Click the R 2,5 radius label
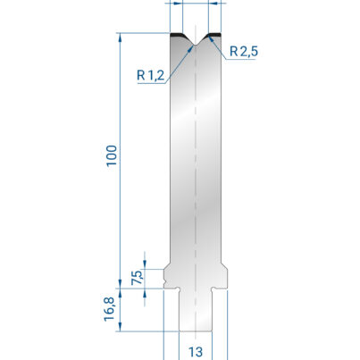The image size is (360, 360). (244, 52)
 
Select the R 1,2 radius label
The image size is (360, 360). (150, 75)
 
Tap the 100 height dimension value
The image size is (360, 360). (112, 156)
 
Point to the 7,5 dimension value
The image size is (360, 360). (138, 278)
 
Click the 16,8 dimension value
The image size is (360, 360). (109, 309)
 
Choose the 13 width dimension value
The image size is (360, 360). (196, 352)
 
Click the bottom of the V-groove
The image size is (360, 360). (196, 45)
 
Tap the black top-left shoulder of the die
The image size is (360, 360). (178, 35)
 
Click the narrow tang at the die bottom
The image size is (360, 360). (196, 311)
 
